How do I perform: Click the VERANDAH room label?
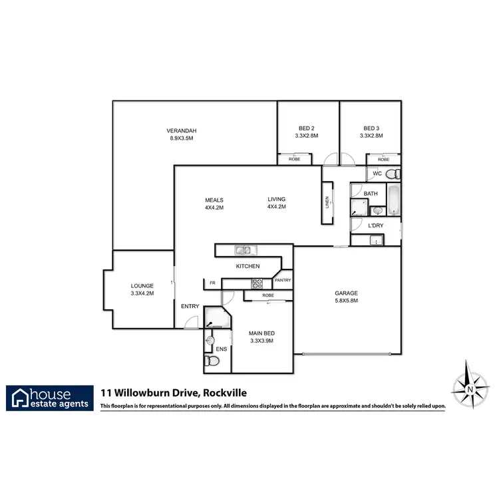click(182, 130)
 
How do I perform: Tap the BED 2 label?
click(306, 128)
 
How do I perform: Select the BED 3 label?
click(371, 128)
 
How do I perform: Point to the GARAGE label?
click(346, 293)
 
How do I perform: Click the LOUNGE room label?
click(142, 286)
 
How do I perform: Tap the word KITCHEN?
click(248, 266)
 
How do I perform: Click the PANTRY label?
click(283, 280)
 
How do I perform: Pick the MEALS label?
click(214, 200)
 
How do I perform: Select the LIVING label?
click(276, 199)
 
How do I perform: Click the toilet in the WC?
click(393, 174)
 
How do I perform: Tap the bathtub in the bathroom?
click(393, 202)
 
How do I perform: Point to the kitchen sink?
click(243, 250)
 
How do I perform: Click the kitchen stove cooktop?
click(257, 283)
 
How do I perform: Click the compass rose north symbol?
click(470, 387)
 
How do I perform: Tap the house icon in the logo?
click(21, 397)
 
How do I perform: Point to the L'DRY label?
click(376, 226)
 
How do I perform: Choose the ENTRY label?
click(190, 306)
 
